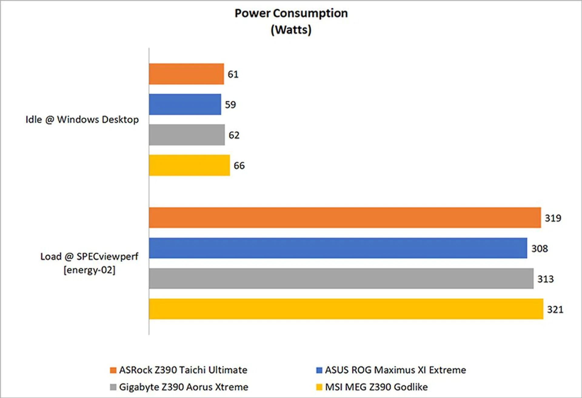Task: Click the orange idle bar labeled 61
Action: [x=186, y=74]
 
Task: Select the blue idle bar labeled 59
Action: [x=185, y=104]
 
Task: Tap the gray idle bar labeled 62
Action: [x=187, y=135]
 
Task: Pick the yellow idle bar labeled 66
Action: [x=189, y=165]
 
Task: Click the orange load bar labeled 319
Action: [x=345, y=218]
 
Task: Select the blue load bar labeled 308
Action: [x=338, y=248]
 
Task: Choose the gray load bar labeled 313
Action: [x=341, y=278]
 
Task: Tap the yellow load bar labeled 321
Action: [x=346, y=309]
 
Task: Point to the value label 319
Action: [x=553, y=218]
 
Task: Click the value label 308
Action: [x=540, y=249]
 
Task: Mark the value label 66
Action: [x=239, y=166]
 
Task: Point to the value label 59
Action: [x=230, y=105]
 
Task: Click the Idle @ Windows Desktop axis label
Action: [x=82, y=120]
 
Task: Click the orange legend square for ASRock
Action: [x=113, y=370]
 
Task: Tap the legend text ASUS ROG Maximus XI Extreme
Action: [x=395, y=370]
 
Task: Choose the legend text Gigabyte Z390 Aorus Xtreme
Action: [x=183, y=387]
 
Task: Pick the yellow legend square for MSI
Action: [x=319, y=387]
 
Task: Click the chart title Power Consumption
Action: [x=291, y=13]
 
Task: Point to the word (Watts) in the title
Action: [x=291, y=30]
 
